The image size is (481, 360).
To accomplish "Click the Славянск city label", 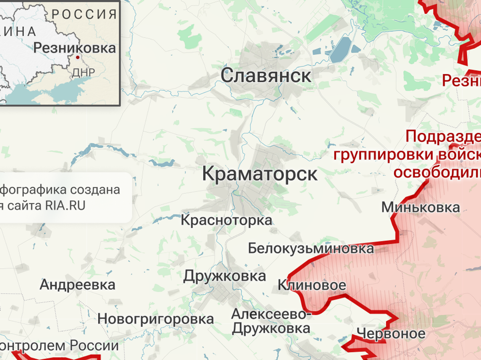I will coord(266,76).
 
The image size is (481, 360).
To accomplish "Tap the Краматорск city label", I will coord(260,174).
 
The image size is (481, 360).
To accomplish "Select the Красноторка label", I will coord(226,220).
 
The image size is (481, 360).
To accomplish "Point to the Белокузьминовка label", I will coord(311,248).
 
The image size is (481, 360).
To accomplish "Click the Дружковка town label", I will coord(224,276).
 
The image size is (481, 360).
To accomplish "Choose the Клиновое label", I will coord(312,285).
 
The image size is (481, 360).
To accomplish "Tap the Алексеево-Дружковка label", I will coord(271,322).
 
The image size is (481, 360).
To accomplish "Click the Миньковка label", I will coord(420,207).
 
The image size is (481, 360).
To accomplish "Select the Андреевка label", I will coord(77,285).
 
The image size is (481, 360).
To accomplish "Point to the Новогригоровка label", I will coord(156,319).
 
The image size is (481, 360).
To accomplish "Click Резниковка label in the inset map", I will coord(75,48).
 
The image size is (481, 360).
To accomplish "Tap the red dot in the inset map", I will coord(77,57).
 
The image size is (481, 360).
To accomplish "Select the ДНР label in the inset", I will coord(83,72).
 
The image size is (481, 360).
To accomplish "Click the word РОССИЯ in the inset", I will coord(84,14).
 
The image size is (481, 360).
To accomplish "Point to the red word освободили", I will coord(437,173).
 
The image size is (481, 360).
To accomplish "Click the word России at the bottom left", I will coord(94,345).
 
